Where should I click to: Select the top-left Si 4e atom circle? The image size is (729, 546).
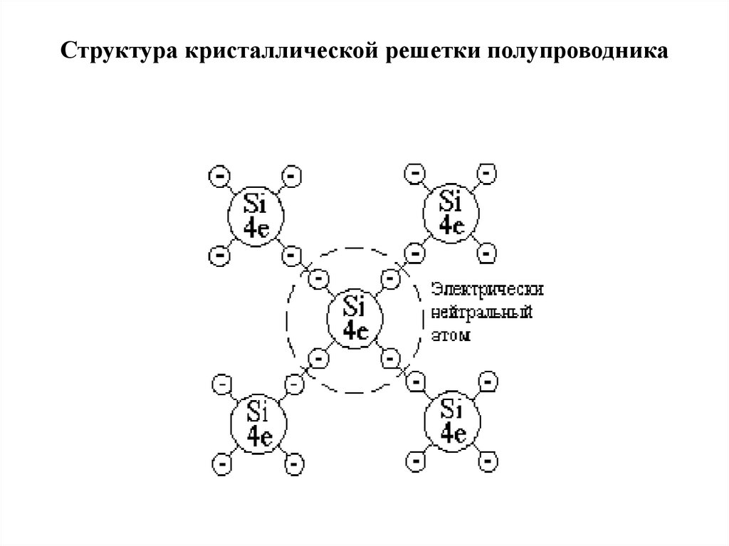coord(255,214)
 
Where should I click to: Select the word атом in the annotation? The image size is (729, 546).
coord(451,334)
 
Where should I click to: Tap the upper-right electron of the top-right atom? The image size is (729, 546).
coord(488,174)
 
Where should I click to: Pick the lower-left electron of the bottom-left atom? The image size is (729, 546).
coord(221,463)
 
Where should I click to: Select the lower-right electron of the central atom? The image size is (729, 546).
coord(390,357)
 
